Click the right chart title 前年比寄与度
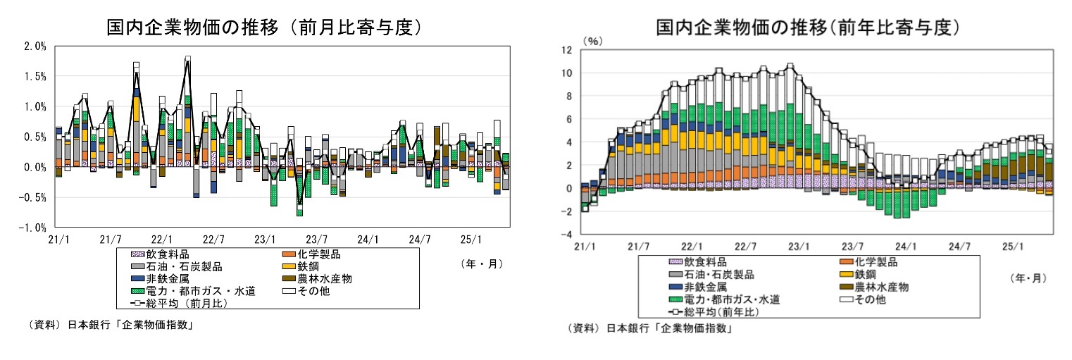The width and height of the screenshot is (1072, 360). click(808, 28)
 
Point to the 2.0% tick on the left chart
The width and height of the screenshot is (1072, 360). click(35, 46)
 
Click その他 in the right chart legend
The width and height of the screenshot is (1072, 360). click(870, 299)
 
